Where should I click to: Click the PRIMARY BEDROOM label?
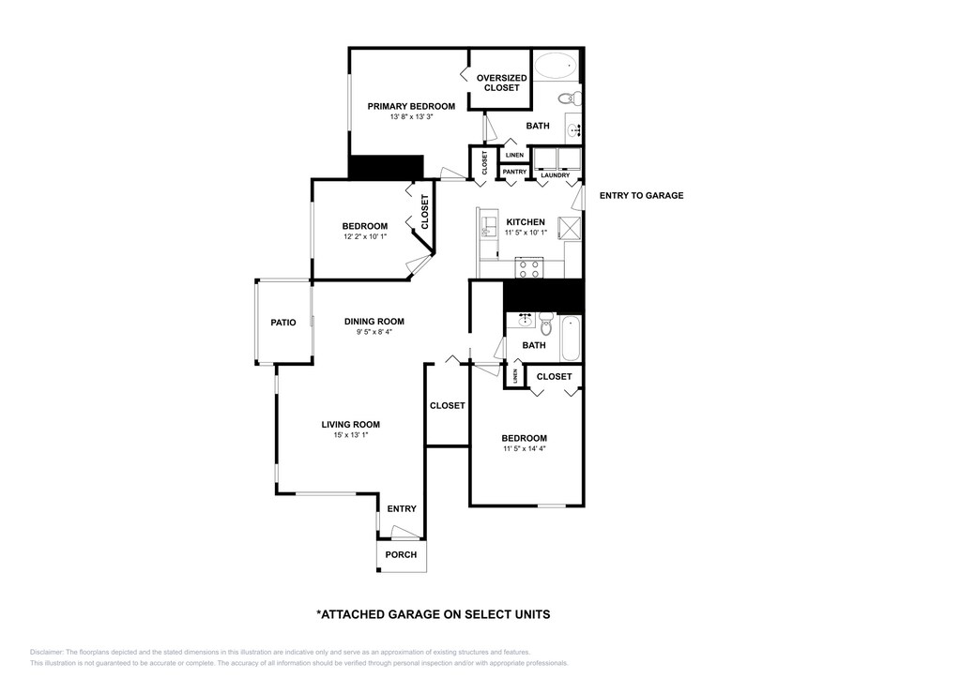coord(411,107)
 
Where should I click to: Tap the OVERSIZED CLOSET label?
coord(501,83)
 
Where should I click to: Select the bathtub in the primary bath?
coord(556,65)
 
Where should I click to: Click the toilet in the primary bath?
coord(571,98)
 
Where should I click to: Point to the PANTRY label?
coord(514,172)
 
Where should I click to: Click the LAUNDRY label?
coord(556,175)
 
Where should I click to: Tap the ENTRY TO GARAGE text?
coord(641,196)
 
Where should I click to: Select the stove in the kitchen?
coord(529,267)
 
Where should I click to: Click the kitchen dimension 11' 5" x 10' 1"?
coord(526,233)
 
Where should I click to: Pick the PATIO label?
coord(283,323)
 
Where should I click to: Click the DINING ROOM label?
coord(374,322)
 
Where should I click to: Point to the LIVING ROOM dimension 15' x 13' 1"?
coord(351,435)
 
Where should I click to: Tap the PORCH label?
coord(401,554)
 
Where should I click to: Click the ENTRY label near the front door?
coord(402,509)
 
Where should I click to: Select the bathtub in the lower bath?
coord(570,339)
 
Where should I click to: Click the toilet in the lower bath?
coord(547,324)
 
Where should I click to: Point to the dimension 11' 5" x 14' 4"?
coord(524,448)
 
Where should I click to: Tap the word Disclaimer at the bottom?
coord(46,653)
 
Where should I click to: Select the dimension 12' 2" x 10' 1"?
coord(365,236)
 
